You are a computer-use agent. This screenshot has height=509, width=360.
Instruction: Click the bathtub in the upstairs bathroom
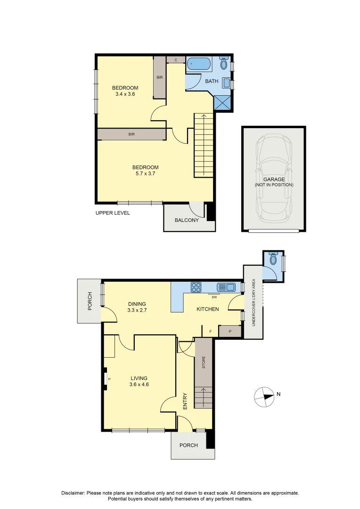pos(198,64)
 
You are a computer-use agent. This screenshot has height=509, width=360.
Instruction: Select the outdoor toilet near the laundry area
pos(273,259)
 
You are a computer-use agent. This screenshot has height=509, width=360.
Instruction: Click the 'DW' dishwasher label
pos(214,297)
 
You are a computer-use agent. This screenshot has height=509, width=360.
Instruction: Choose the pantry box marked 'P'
pos(230,331)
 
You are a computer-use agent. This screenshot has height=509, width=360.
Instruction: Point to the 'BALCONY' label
pos(187,220)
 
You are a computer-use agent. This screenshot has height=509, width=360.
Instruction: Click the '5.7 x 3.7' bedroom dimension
pos(145,173)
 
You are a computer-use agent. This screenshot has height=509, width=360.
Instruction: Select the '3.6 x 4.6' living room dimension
pos(139,384)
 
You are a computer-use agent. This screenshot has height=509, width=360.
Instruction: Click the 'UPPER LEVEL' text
pos(113,213)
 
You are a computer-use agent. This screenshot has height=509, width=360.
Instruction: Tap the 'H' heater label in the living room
pos(109,378)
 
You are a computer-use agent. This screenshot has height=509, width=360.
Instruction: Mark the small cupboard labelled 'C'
pos(176,60)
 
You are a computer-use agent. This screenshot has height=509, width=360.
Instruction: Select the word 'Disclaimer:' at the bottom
pos(73,493)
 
